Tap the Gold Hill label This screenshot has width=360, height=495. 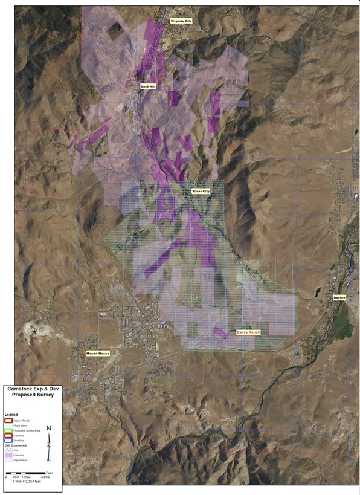[x=148, y=86]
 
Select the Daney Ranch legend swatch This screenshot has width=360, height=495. [x=8, y=420]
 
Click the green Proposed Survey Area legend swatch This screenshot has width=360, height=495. [x=8, y=430]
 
